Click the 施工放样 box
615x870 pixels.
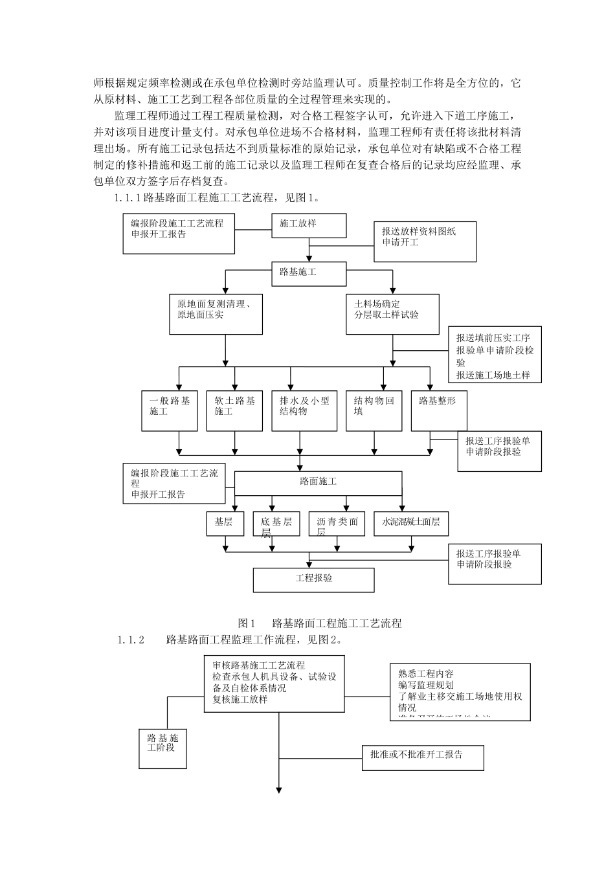[309, 225]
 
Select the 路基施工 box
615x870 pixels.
[309, 273]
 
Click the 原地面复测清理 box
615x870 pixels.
[216, 314]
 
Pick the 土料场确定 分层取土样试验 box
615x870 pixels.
[392, 314]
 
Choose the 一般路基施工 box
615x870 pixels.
[170, 410]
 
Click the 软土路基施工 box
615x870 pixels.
[235, 410]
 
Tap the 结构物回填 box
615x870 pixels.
[374, 410]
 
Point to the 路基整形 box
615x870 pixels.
[434, 410]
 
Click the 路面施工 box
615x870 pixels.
[318, 482]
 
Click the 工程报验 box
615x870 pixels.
[313, 579]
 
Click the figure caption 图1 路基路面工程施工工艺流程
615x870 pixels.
[320, 623]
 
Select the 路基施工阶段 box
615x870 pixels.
[163, 748]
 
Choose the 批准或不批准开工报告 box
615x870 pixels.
[423, 757]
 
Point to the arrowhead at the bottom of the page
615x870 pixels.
[280, 790]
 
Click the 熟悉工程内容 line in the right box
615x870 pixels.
[426, 674]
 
